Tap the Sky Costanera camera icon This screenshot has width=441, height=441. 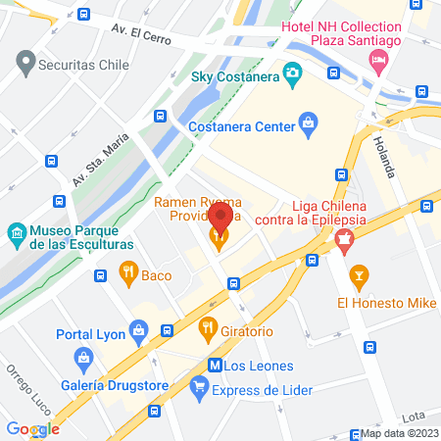coord(291,73)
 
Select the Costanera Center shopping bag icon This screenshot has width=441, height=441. coord(310,123)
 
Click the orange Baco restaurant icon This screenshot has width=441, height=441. coord(127,271)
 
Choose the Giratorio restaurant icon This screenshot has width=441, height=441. coord(207,327)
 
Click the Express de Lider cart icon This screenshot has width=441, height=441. coord(201,390)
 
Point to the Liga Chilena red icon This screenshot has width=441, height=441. coord(342,237)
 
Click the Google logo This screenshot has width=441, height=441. coord(32,429)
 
